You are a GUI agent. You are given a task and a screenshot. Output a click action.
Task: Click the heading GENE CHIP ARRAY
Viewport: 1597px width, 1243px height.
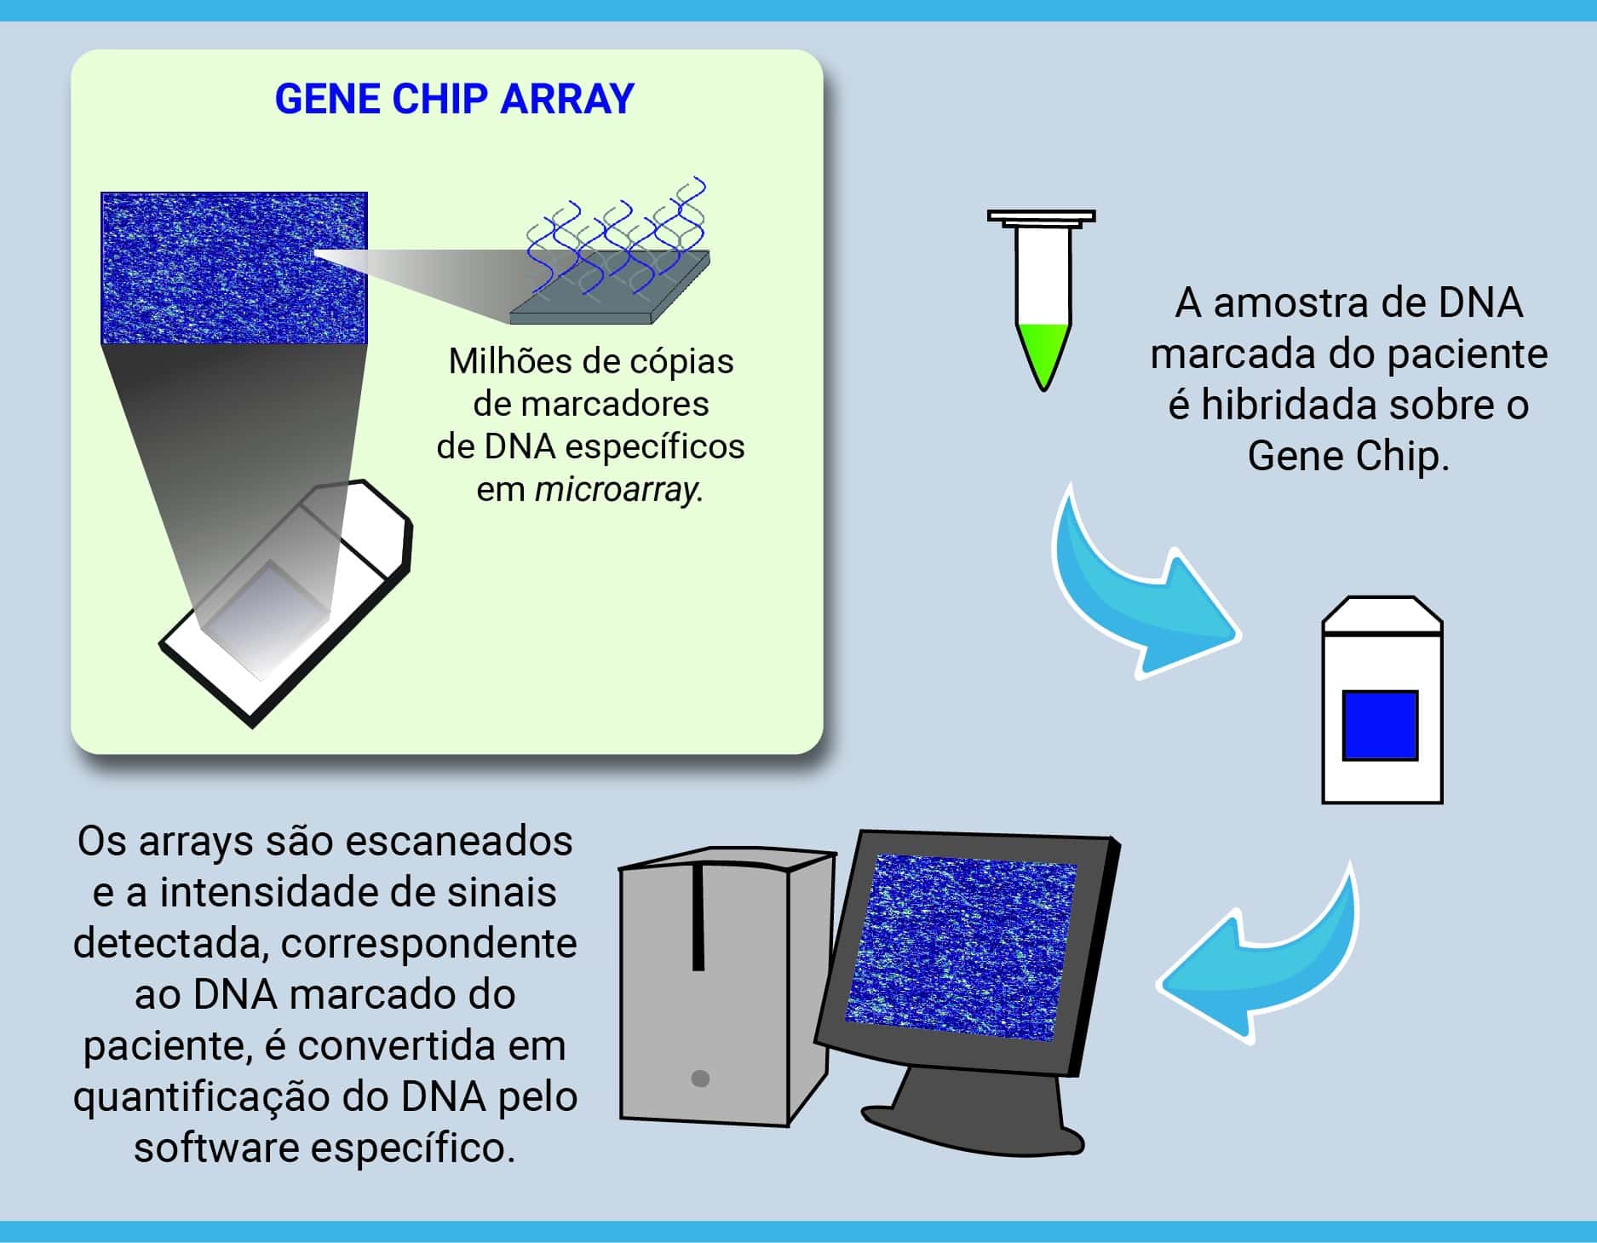click(x=454, y=99)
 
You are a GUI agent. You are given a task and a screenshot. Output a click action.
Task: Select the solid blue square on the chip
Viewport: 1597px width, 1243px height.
click(x=1380, y=725)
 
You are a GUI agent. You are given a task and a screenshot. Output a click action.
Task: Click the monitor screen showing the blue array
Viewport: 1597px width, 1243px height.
click(x=960, y=947)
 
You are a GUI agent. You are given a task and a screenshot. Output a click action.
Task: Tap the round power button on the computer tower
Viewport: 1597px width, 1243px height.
click(x=700, y=1079)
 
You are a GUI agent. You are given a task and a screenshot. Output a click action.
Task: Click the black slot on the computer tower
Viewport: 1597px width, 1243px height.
click(x=698, y=917)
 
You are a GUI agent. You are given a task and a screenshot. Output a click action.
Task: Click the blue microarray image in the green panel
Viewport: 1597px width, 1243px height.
click(x=234, y=268)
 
